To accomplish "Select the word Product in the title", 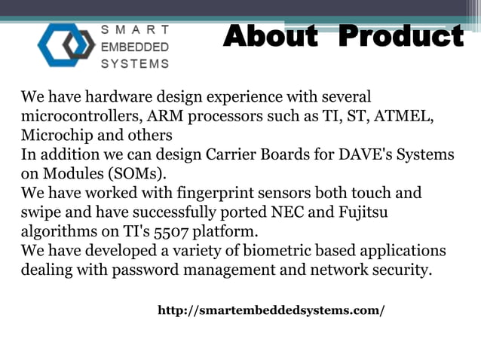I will pos(400,35).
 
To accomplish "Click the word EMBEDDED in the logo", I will pos(135,47).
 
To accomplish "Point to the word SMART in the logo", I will pos(135,30).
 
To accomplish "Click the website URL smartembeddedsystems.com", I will pos(271,310).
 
